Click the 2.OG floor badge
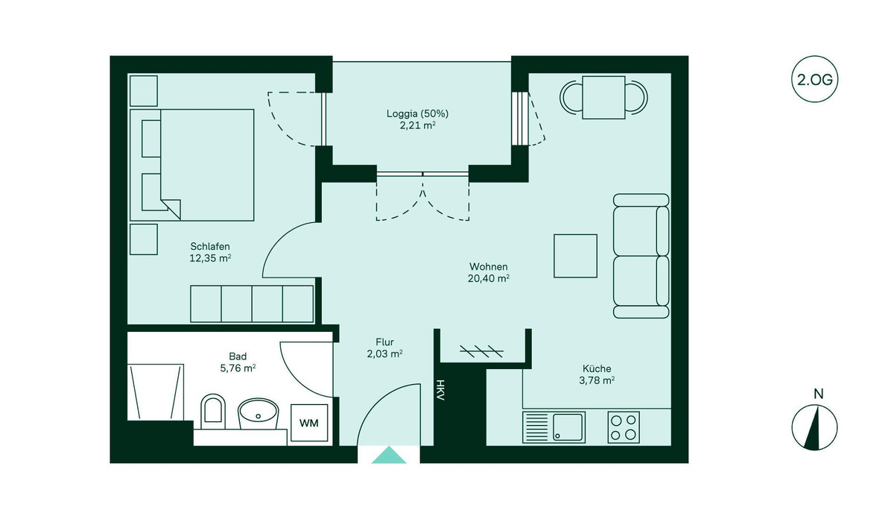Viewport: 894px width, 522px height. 814,80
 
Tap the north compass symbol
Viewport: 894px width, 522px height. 814,428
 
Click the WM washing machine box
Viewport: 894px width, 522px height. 308,423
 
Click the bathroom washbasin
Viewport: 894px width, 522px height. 258,412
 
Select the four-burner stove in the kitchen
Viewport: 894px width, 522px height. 624,427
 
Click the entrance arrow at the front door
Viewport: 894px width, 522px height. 389,456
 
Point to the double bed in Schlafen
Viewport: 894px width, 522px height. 192,165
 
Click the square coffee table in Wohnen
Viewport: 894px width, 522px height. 575,256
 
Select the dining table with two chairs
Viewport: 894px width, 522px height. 603,97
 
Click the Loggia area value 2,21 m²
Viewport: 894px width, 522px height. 417,126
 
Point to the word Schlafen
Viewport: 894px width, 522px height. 209,246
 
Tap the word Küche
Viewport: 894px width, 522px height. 597,368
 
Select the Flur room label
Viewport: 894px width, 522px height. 384,342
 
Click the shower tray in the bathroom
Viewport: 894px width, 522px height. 156,391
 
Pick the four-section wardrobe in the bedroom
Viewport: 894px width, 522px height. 252,304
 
